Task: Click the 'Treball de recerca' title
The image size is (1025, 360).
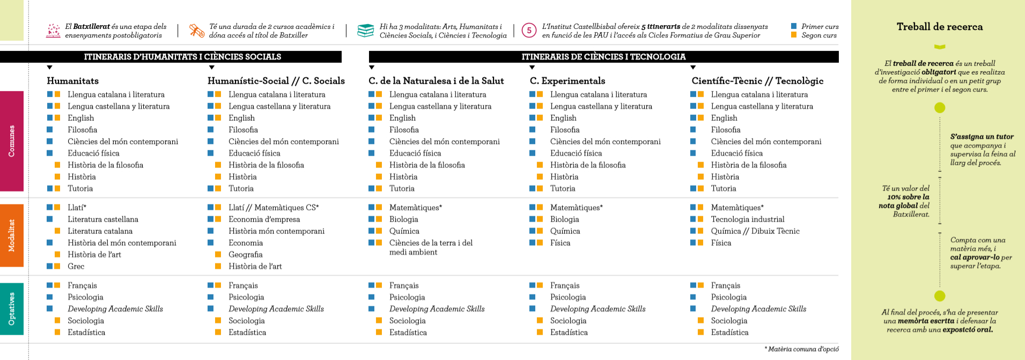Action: [940, 27]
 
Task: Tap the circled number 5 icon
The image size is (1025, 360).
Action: [529, 31]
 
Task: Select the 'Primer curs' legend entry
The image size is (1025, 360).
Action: [820, 26]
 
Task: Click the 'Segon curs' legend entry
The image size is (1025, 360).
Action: [818, 35]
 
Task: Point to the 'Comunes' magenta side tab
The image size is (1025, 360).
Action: [11, 141]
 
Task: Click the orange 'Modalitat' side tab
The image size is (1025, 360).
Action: [11, 236]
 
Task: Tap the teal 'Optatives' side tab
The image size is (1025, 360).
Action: [11, 308]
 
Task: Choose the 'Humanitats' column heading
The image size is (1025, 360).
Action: [72, 81]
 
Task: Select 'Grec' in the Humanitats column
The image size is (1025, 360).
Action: [76, 266]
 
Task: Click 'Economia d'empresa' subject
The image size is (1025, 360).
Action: [264, 219]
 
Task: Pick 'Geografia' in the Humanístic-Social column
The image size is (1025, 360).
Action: [245, 254]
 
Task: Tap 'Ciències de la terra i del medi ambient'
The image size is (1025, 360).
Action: [431, 247]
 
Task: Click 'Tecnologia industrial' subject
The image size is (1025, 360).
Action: [747, 219]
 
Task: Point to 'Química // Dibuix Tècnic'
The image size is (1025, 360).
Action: [755, 231]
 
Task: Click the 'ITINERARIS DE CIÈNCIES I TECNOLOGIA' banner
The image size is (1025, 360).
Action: [603, 57]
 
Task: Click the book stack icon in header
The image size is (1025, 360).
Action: [365, 31]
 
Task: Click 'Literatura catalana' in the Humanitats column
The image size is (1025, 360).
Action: [100, 231]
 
